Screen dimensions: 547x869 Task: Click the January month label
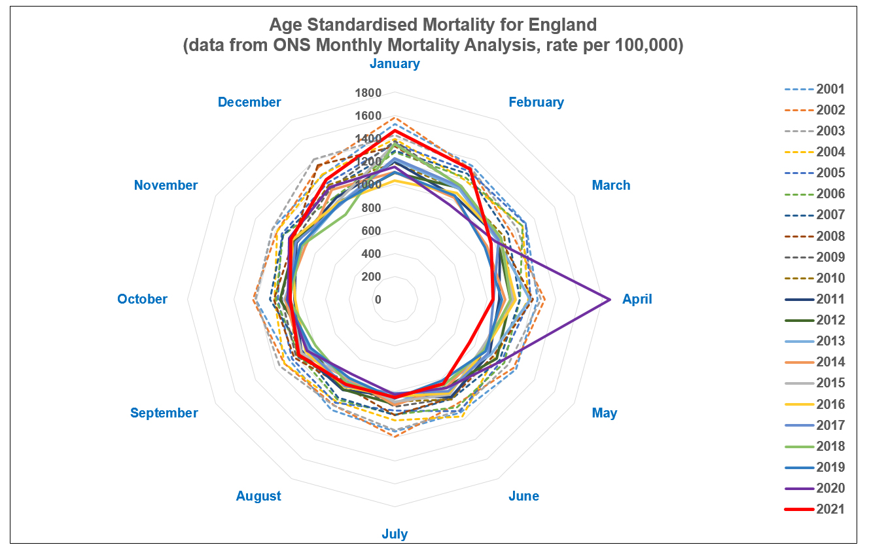pyautogui.click(x=395, y=63)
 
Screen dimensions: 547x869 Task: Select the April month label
pyautogui.click(x=637, y=299)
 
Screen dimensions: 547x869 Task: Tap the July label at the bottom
pyautogui.click(x=395, y=534)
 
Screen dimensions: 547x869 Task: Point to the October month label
pyautogui.click(x=142, y=299)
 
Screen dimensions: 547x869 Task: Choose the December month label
pyautogui.click(x=249, y=102)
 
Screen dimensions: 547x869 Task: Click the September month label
pyautogui.click(x=164, y=413)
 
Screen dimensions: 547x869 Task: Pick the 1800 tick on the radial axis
pyautogui.click(x=368, y=93)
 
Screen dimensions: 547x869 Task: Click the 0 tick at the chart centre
pyautogui.click(x=378, y=300)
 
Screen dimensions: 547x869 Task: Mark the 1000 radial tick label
pyautogui.click(x=368, y=185)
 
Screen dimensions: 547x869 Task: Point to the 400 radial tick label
pyautogui.click(x=371, y=254)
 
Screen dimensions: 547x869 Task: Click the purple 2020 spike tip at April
pyautogui.click(x=610, y=300)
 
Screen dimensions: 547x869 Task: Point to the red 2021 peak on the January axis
pyautogui.click(x=395, y=131)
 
